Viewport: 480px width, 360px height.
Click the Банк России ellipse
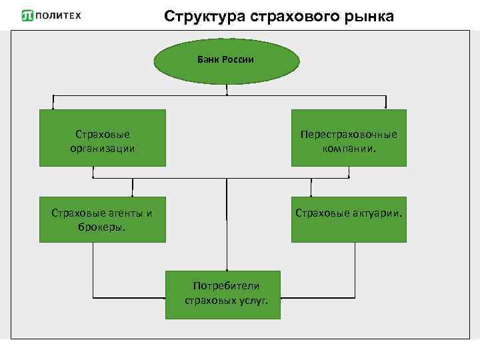226,60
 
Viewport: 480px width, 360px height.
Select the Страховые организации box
102,138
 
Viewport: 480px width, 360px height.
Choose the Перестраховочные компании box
349,138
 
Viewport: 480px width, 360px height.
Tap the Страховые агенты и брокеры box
102,219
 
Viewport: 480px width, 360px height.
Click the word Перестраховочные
349,134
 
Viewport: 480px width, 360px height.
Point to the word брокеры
102,226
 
